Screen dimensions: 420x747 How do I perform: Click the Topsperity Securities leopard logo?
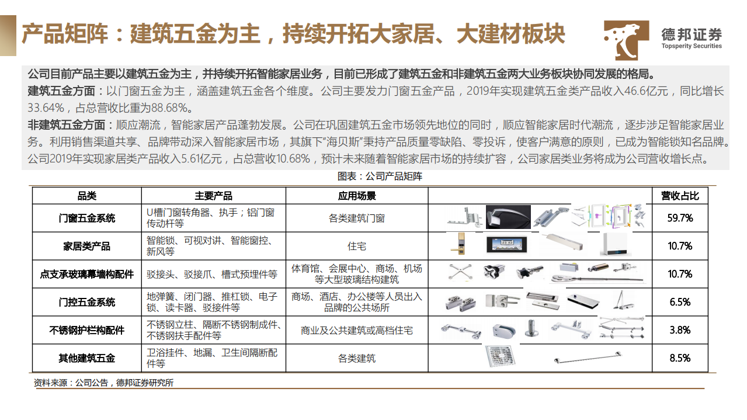626,39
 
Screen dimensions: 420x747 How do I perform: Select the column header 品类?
86,196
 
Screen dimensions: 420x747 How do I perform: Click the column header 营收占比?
679,196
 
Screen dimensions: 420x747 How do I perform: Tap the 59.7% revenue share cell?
679,218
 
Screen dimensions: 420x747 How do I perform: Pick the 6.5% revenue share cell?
679,302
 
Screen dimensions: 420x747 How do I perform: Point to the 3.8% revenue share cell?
679,330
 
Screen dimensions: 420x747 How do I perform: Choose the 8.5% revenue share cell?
679,358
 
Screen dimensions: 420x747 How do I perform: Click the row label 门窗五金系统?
86,218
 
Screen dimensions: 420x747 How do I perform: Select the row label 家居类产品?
86,246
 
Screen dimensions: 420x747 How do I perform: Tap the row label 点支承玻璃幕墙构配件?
86,274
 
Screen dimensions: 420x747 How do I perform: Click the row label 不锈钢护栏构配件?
86,330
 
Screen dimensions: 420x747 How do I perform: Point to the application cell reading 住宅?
356,246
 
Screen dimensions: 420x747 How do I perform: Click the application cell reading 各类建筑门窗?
356,218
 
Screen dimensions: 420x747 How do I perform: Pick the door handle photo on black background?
508,217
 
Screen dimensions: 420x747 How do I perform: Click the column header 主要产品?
213,196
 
